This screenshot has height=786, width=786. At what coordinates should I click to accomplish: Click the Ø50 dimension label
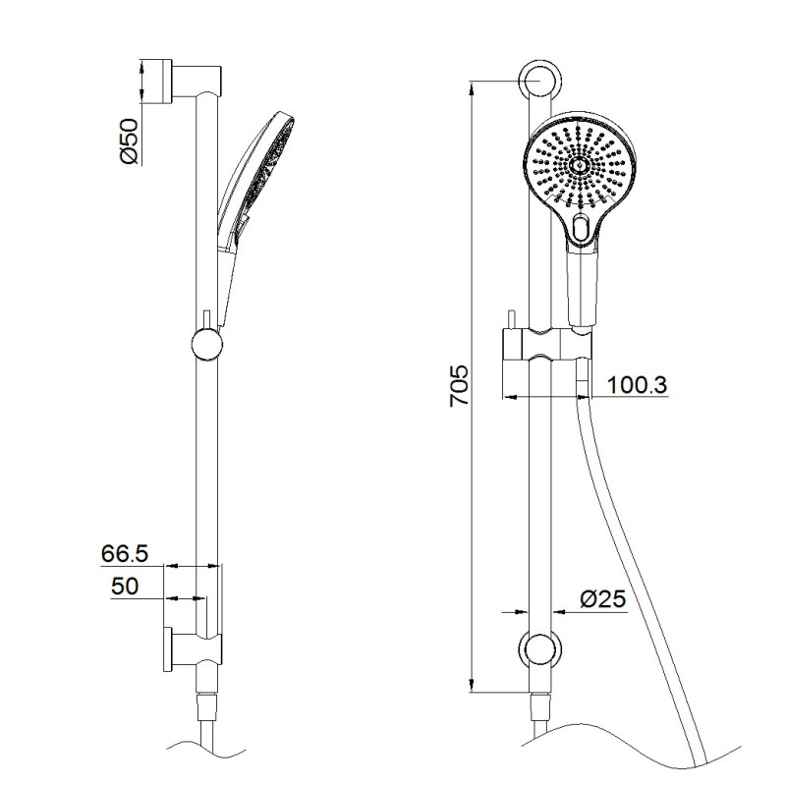pos(128,140)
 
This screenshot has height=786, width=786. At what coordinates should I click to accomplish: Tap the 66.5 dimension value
pos(125,553)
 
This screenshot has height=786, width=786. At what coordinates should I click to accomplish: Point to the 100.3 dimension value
pos(637,385)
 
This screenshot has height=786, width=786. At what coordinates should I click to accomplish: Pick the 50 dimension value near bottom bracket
pos(125,586)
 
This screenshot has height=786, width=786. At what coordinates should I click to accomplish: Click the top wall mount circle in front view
pos(539,81)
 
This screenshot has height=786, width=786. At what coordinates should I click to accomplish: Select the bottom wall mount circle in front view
pos(539,649)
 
